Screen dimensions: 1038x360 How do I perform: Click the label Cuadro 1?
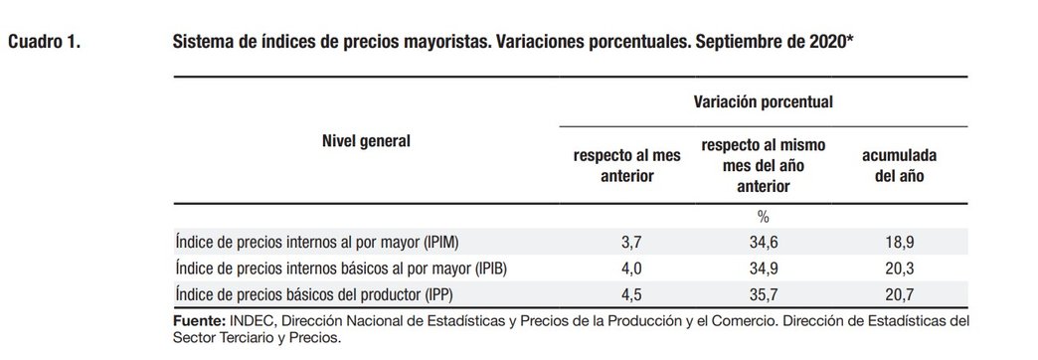[45, 43]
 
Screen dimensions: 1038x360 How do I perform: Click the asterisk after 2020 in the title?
[849, 39]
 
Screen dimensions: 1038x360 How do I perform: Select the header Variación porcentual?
[764, 101]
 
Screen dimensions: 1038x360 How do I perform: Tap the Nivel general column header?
[366, 141]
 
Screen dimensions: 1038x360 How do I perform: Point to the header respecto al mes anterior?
[627, 165]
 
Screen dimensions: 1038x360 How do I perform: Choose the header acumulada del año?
[899, 165]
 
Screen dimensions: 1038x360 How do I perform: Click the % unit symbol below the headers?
[764, 217]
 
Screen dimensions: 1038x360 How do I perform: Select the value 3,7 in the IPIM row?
[632, 243]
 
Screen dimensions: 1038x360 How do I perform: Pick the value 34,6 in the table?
[764, 243]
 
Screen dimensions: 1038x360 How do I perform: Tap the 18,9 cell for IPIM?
[900, 243]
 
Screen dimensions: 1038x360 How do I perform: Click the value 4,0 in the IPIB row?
[632, 269]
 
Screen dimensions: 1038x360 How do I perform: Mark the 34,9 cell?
[764, 269]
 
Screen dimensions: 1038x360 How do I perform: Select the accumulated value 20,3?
[900, 269]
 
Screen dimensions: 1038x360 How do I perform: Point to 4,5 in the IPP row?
[632, 294]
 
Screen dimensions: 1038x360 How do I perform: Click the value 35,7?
[764, 294]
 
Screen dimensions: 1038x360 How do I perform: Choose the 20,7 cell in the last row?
[900, 294]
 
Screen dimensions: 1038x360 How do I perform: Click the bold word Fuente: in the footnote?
[199, 321]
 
